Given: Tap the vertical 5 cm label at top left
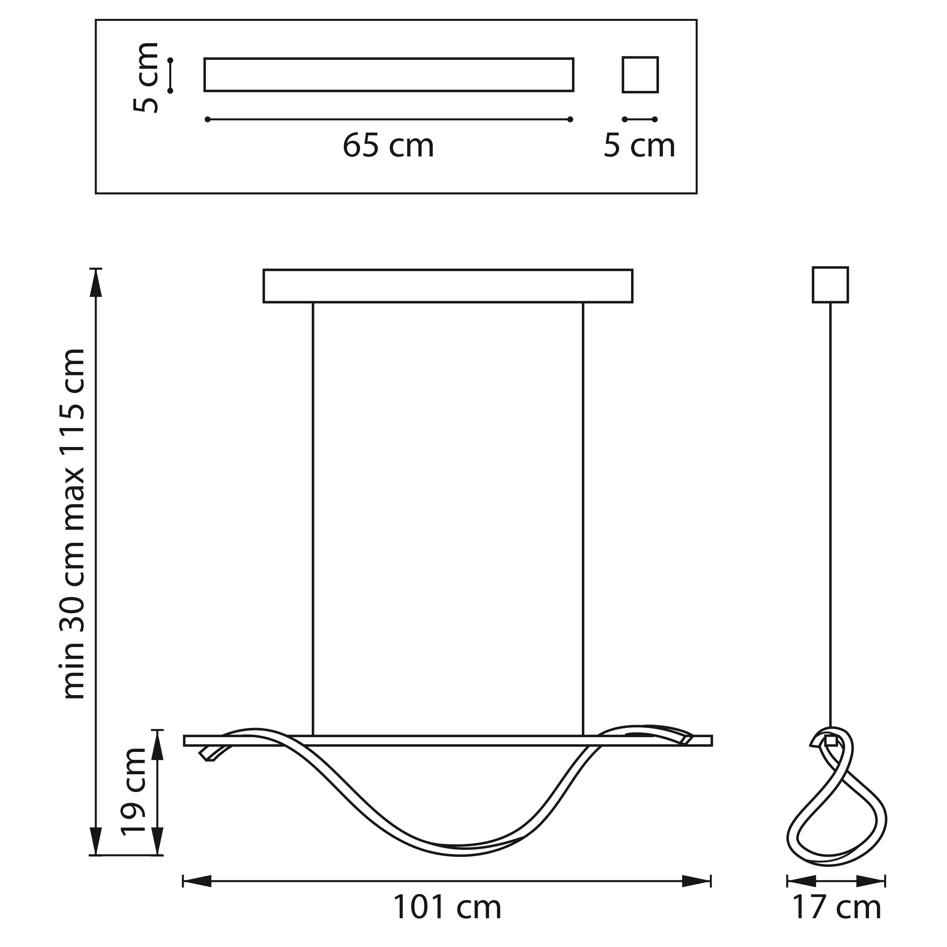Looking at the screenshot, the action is [146, 77].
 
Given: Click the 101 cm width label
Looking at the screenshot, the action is [447, 907].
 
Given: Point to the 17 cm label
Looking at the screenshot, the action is [837, 907].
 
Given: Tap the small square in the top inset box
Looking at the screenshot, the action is [640, 75].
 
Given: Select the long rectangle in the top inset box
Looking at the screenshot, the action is [389, 75].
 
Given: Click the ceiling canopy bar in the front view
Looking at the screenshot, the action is [447, 286].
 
